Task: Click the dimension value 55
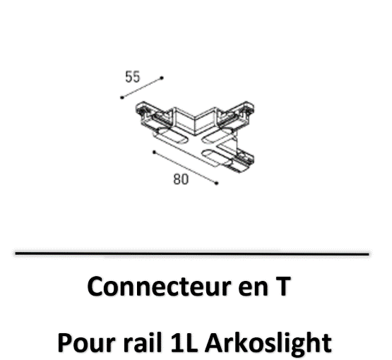(x=133, y=77)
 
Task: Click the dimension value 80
(x=181, y=179)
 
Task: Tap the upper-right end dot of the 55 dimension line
(x=162, y=78)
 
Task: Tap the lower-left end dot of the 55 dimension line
(x=122, y=97)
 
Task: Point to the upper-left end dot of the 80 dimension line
(x=154, y=152)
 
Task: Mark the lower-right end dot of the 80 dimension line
(x=217, y=183)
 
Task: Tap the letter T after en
(x=282, y=287)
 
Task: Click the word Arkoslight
(x=269, y=343)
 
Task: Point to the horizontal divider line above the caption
(x=192, y=253)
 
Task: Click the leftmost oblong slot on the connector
(x=170, y=137)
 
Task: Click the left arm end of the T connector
(x=145, y=111)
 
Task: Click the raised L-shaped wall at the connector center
(x=196, y=121)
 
